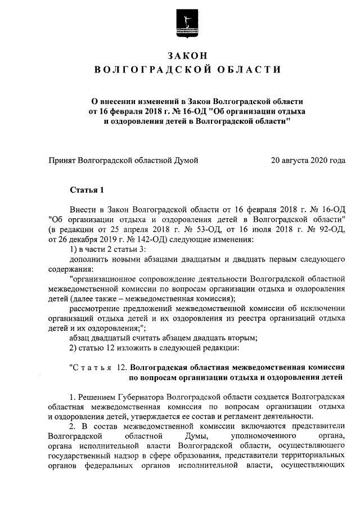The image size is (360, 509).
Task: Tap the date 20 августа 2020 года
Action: (308, 160)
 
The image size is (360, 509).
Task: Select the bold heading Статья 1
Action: (87, 188)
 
